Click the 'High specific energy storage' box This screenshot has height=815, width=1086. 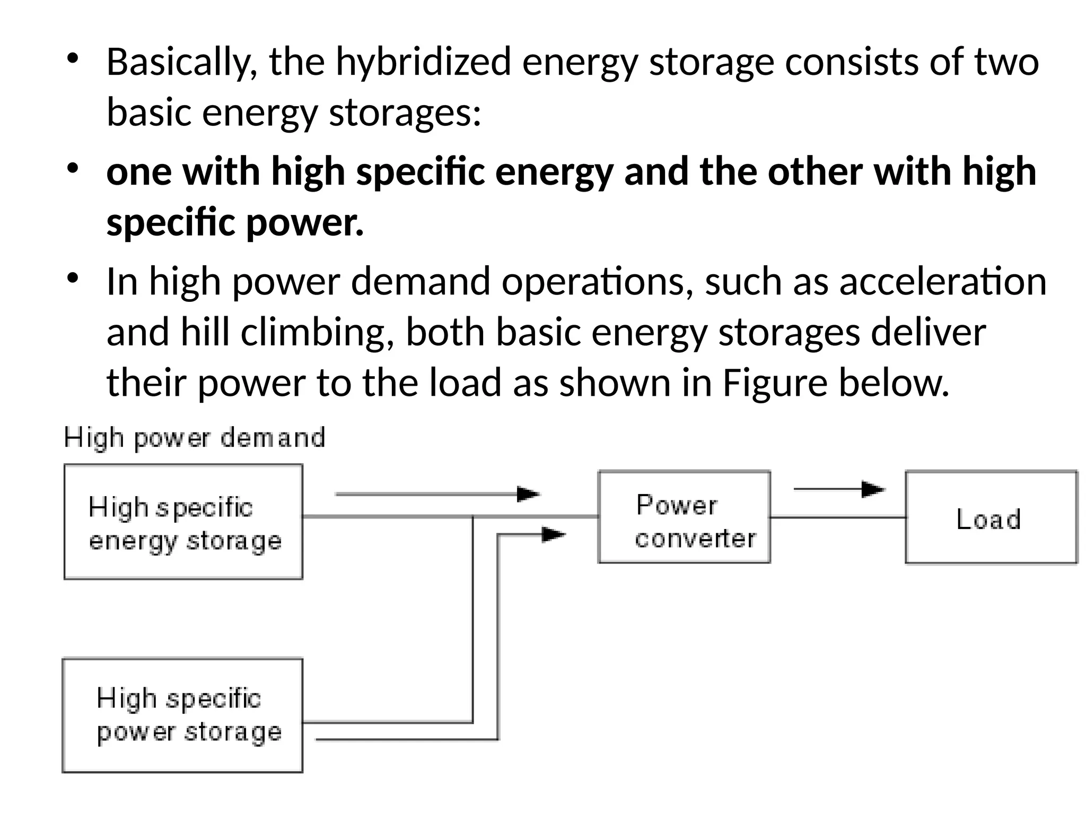tap(183, 522)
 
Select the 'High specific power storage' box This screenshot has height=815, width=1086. tap(183, 715)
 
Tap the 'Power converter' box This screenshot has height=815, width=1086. tap(684, 517)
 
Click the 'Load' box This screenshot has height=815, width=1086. tap(991, 517)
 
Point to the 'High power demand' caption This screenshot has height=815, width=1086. tap(194, 438)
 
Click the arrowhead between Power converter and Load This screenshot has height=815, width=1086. tap(873, 489)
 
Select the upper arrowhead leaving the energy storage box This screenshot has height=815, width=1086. tap(528, 494)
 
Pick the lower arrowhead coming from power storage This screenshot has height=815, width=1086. tap(553, 534)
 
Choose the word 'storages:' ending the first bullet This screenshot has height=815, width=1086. tap(405, 113)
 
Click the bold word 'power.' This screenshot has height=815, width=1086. tap(305, 222)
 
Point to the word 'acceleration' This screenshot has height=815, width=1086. tap(943, 281)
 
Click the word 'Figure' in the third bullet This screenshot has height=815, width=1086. tap(775, 383)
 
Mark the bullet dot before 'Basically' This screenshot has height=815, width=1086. tap(73, 57)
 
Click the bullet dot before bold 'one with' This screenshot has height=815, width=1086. tap(73, 167)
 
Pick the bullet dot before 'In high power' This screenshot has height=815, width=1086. tap(73, 277)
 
